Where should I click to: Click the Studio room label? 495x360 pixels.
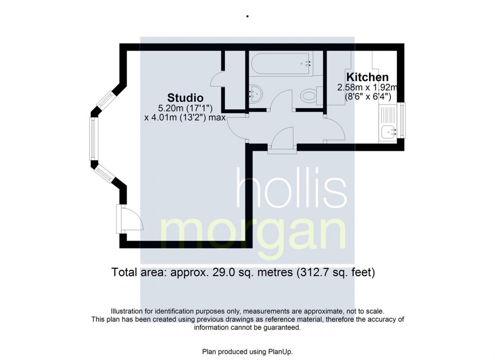185,98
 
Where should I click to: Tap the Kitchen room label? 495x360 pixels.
367,77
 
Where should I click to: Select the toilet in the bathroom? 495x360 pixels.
310,95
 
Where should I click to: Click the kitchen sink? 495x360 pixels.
388,132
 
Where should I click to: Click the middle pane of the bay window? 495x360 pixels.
93,139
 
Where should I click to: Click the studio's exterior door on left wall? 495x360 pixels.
119,219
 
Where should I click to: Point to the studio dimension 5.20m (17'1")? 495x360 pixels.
184,108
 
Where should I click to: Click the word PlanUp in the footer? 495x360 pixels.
282,351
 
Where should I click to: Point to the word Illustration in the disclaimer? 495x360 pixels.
127,311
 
